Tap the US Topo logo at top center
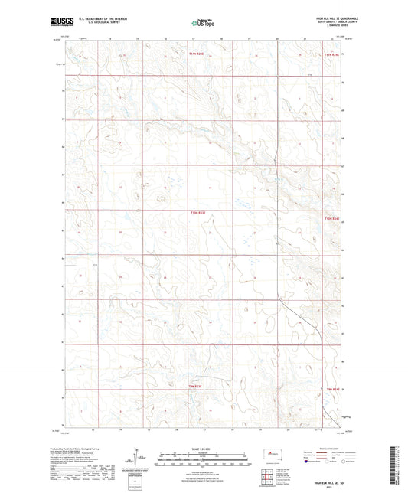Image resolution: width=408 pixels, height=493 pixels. pos(203,24)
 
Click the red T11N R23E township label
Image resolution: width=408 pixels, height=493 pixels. pos(198,54)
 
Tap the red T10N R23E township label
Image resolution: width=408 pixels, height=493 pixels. pos(198,213)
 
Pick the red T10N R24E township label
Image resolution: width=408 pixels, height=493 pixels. pos(331,219)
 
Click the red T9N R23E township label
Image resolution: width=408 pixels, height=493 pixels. pos(196,387)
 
